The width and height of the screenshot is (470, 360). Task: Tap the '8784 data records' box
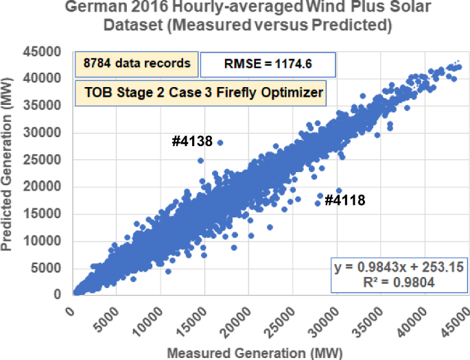coord(137,64)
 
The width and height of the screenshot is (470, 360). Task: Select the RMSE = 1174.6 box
coord(268,64)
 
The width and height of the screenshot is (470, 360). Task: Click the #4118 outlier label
coord(344,201)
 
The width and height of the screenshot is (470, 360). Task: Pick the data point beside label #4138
coord(220,143)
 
